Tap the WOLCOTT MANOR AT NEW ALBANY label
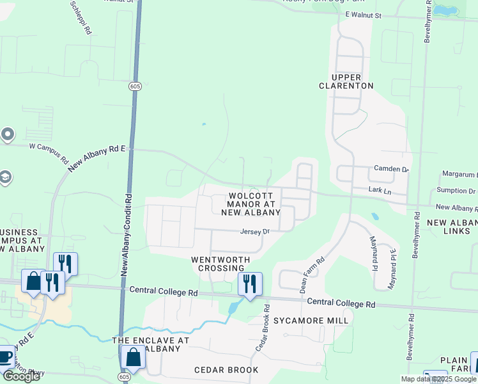tap(252, 204)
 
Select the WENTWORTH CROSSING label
tap(217, 263)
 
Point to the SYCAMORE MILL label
tap(311, 320)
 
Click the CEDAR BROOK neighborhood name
tap(226, 370)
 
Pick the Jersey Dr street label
tap(256, 232)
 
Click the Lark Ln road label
tap(380, 190)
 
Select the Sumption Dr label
tap(456, 191)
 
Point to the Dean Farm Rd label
tap(312, 275)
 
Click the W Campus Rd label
tap(49, 151)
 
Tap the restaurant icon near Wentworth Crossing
tap(250, 282)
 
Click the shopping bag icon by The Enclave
tap(134, 356)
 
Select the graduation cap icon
tap(6, 177)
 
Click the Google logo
tap(22, 376)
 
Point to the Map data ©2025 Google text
tap(438, 379)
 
